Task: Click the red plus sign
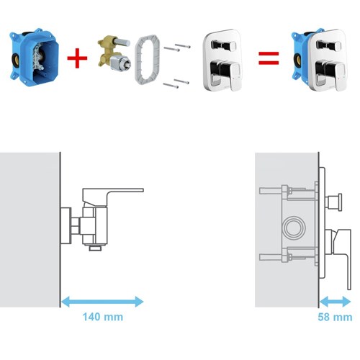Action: click(x=77, y=58)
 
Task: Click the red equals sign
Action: click(x=269, y=58)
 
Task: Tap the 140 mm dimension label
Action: click(x=103, y=317)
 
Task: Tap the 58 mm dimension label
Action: click(x=335, y=317)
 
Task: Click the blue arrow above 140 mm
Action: click(x=102, y=302)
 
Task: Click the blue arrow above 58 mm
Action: click(x=335, y=302)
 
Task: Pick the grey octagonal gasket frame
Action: click(x=147, y=60)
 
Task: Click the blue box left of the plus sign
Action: click(x=34, y=56)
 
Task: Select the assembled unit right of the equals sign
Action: click(x=320, y=60)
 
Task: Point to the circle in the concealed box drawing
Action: click(x=294, y=227)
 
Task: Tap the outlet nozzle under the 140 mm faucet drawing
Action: click(x=96, y=248)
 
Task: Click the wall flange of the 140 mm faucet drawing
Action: click(x=66, y=226)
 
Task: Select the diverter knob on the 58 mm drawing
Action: click(x=333, y=202)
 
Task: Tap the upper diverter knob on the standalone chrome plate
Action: click(x=223, y=45)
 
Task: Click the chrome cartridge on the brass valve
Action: click(x=121, y=63)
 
